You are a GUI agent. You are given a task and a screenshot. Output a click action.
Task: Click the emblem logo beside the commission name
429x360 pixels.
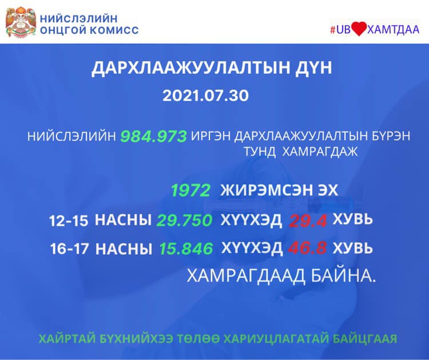pos(21,22)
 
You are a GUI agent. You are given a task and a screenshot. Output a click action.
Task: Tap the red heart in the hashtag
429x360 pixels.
pos(359,29)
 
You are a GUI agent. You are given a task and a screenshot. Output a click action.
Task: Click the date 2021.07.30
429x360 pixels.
pos(205,96)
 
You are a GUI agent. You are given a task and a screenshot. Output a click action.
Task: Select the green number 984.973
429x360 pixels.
pos(153,136)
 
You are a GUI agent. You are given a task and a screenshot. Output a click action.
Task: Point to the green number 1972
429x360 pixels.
pos(190,190)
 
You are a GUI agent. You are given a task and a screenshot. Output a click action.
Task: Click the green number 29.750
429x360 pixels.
pos(184,220)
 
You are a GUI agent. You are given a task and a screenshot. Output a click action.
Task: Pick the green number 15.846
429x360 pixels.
pos(186,248)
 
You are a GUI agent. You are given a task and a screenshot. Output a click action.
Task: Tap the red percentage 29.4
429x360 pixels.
pos(308,221)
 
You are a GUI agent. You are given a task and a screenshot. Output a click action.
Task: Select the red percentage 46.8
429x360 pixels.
pos(307,248)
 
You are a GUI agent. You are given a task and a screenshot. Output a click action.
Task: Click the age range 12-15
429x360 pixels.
pos(69,221)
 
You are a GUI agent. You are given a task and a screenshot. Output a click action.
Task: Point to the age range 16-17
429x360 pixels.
pos(69,249)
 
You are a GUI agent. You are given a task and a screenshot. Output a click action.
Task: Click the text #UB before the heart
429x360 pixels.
pos(340,30)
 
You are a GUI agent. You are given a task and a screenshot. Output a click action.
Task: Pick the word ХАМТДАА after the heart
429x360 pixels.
pos(393,29)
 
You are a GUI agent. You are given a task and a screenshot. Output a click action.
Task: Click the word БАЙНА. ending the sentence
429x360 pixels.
pos(343,275)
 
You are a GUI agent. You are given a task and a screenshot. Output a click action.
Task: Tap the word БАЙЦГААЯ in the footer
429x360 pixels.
pos(365,339)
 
